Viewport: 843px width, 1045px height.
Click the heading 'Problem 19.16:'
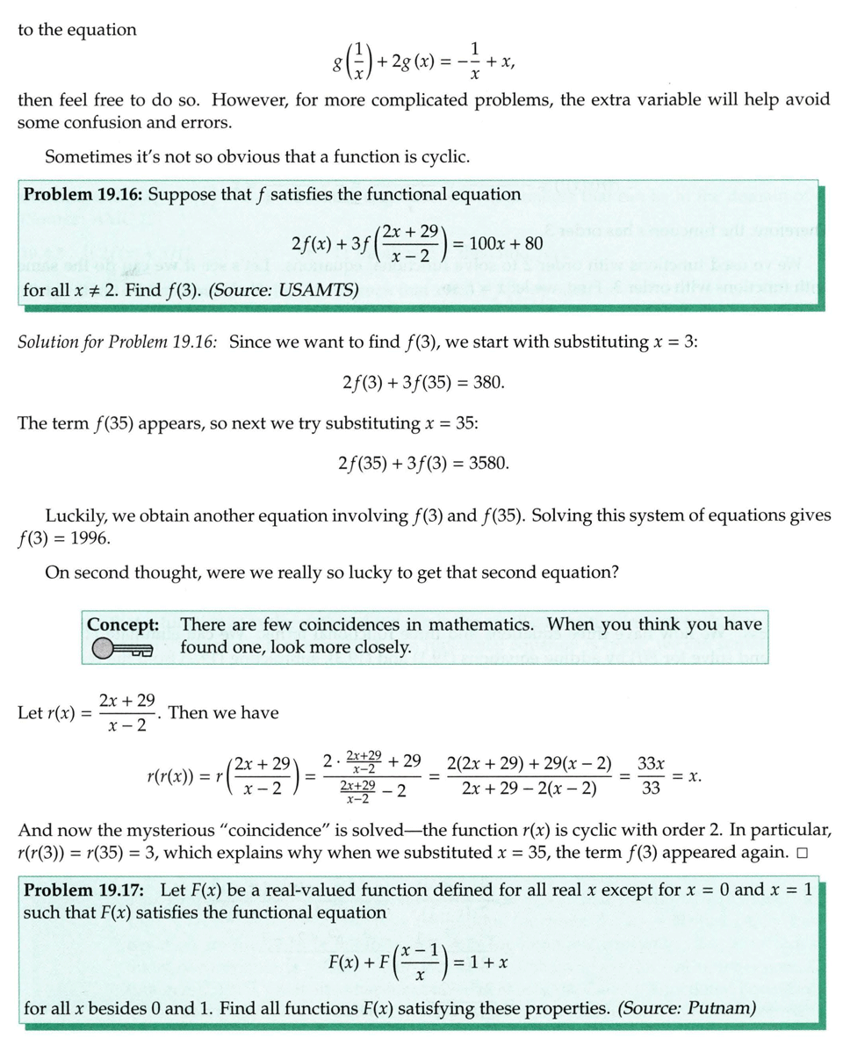(x=83, y=194)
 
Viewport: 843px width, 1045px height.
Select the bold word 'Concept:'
(x=123, y=624)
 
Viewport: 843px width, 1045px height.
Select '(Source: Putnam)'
(x=687, y=1007)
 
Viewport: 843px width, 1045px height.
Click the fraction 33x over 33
(x=651, y=775)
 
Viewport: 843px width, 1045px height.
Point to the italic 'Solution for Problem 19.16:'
(x=118, y=342)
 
